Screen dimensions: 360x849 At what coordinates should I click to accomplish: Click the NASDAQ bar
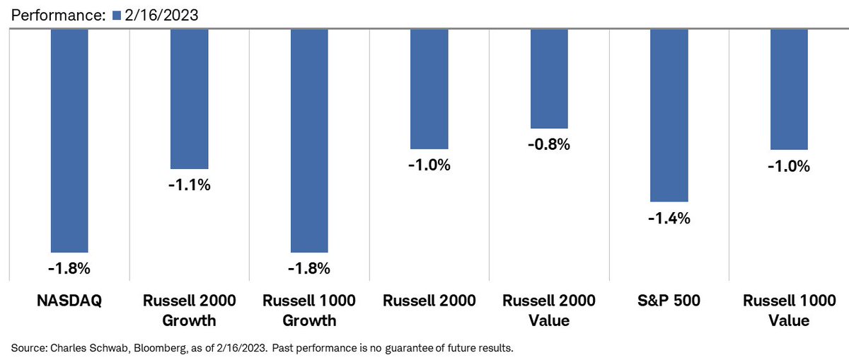tap(69, 140)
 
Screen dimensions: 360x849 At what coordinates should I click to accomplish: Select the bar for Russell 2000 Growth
tap(190, 98)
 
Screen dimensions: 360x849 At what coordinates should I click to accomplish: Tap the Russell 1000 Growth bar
tap(309, 140)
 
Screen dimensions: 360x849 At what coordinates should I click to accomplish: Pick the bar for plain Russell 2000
tap(429, 88)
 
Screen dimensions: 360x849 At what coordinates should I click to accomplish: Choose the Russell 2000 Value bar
tap(549, 78)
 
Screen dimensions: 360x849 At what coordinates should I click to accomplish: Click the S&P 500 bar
tap(669, 115)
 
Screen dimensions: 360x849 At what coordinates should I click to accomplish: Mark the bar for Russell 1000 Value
tap(789, 89)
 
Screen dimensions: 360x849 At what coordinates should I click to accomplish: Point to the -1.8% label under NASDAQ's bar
tap(69, 269)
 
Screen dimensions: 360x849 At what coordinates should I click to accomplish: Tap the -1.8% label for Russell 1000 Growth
tap(309, 269)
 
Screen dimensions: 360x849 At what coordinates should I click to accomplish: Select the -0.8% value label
tap(549, 144)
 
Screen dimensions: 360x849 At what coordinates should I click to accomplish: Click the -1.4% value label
tap(669, 219)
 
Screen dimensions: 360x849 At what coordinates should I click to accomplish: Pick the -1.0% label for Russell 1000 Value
tap(789, 166)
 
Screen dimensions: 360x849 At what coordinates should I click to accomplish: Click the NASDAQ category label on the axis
tap(69, 301)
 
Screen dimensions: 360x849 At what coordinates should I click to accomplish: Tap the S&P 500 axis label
tap(669, 301)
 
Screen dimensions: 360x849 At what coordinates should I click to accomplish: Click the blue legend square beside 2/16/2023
tap(117, 13)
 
